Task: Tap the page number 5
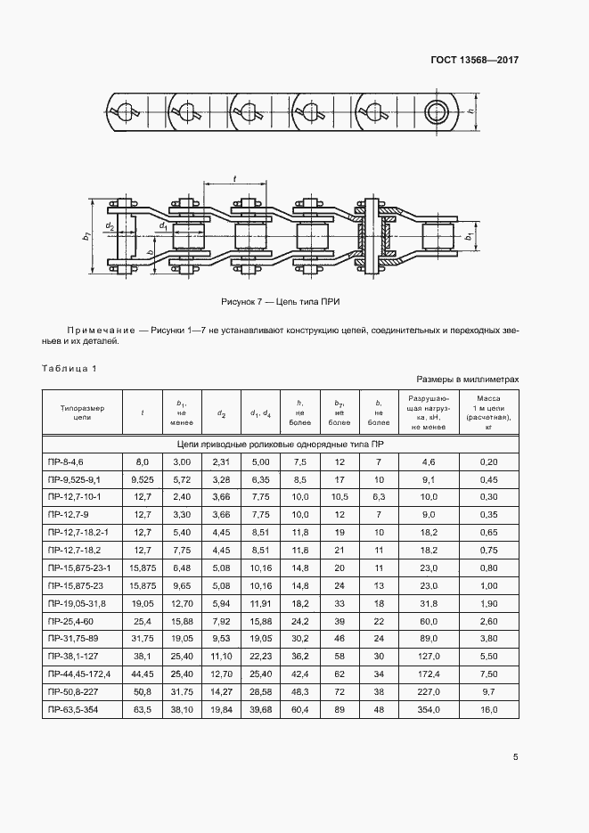tap(515, 757)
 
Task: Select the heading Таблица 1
tap(69, 368)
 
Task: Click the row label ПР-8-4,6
tap(71, 461)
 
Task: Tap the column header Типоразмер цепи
tap(82, 412)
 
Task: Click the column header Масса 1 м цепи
tap(488, 412)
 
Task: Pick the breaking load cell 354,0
tap(429, 708)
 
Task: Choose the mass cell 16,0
tap(488, 708)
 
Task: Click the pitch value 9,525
tap(143, 478)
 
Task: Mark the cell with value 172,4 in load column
tap(429, 673)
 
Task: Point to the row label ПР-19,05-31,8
tap(81, 602)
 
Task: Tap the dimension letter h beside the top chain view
tap(470, 110)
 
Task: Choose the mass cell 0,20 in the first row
tap(488, 461)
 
